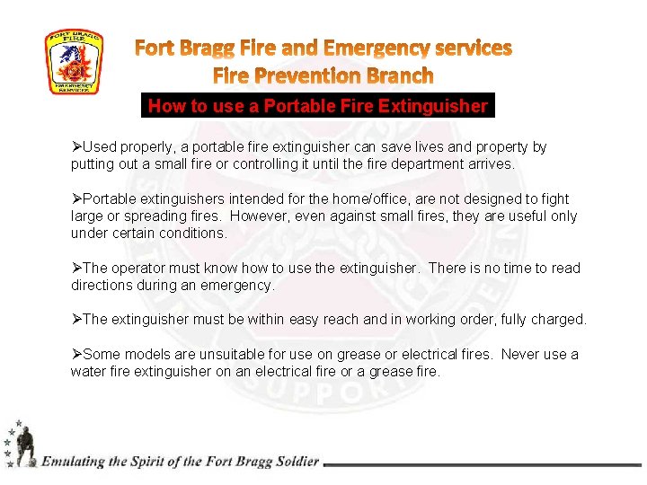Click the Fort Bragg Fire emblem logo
(75, 62)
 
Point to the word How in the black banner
(166, 106)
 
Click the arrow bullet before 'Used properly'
(76, 146)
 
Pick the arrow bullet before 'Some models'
(76, 354)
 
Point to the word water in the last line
(88, 371)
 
